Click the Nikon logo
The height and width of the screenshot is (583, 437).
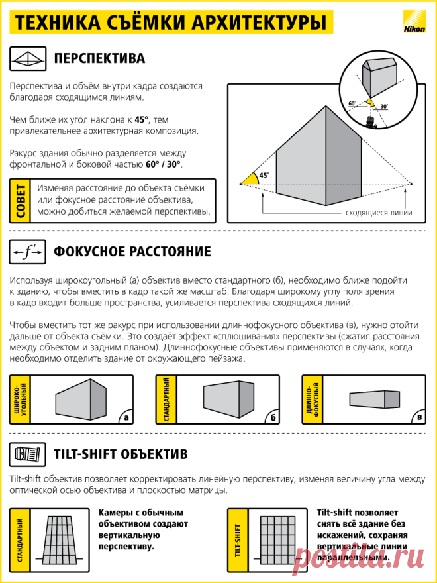coord(414,23)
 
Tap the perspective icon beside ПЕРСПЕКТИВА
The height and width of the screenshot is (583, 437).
coord(28,58)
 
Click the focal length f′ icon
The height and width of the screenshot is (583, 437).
coord(28,252)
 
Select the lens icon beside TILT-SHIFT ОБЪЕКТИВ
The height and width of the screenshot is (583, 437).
coord(28,454)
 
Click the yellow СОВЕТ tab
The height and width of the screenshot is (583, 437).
coord(20,201)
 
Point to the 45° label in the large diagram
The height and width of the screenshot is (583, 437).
coord(264,176)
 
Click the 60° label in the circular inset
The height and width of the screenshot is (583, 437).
coord(352,103)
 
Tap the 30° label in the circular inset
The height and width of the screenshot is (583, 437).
coord(384,106)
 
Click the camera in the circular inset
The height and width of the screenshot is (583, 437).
coord(371,122)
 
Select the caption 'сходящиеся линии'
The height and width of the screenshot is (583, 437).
coord(379,213)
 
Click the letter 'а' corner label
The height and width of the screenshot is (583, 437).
coord(126,417)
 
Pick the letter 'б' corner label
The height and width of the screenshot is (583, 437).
coord(273,417)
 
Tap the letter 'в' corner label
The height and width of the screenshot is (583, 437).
coord(420,417)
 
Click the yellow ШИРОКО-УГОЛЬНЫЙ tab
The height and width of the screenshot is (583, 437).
coord(20,399)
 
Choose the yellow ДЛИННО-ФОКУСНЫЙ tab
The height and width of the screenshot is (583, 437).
coord(313,399)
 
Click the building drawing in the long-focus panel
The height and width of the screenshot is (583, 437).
coord(375,399)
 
